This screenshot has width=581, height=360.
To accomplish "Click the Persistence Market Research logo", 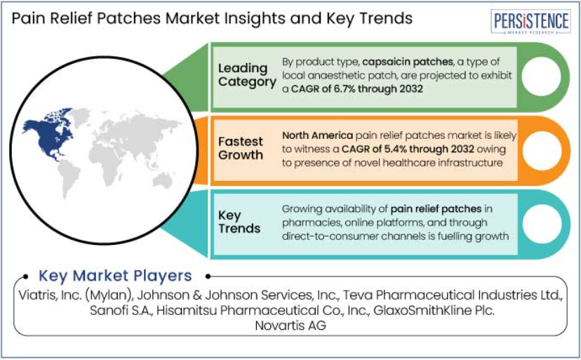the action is (x=530, y=22).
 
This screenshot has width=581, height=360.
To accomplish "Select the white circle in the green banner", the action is (x=541, y=76).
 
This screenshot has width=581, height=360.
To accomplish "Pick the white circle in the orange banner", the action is (x=542, y=151).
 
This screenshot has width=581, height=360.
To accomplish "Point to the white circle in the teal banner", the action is (x=542, y=224).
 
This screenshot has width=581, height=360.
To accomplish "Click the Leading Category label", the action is (x=247, y=75).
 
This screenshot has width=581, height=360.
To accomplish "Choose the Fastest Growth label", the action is (x=241, y=148).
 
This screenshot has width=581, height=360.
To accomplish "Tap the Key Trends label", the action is (x=239, y=222).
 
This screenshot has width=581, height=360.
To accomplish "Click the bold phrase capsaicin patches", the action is (x=408, y=62).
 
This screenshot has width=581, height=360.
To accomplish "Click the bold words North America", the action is (x=318, y=135).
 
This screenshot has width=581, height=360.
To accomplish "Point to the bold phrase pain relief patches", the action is (x=436, y=208).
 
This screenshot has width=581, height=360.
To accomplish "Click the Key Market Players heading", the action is (x=115, y=276).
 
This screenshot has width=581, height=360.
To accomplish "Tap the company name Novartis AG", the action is (x=290, y=326).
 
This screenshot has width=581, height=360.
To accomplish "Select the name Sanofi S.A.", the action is (x=121, y=310).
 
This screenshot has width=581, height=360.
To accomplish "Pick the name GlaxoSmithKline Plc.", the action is (x=434, y=310).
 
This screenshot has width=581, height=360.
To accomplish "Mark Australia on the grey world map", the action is (x=162, y=180).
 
